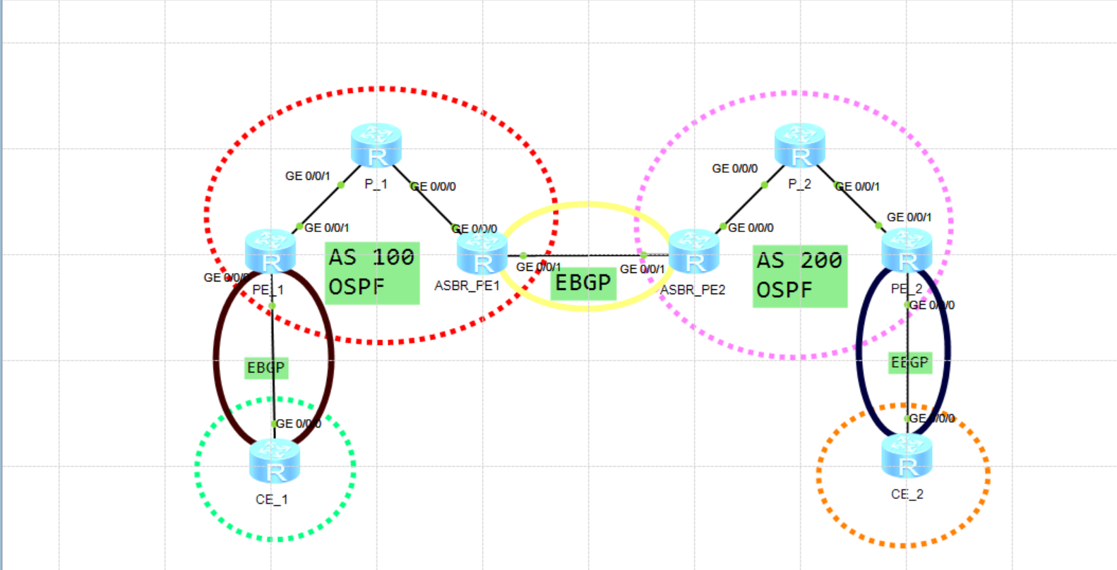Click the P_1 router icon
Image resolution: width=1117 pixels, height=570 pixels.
coord(376,145)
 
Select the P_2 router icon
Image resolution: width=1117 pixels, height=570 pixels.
coord(800,145)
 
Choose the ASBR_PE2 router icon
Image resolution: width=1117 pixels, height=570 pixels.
coord(694,252)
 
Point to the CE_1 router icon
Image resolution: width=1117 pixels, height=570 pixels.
coord(275,461)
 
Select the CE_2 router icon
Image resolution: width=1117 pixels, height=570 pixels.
coord(907,456)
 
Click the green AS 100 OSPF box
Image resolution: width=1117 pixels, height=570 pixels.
coord(373,273)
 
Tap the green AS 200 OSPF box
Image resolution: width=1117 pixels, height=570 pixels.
coord(800,276)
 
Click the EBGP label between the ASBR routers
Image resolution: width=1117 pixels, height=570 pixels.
coord(583,283)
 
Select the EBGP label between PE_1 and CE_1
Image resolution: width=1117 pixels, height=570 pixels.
coord(266,368)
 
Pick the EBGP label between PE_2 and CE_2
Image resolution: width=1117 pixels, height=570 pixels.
coord(910,363)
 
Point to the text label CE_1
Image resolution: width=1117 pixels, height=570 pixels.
coord(272,499)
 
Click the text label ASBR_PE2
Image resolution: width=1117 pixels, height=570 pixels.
coord(693,290)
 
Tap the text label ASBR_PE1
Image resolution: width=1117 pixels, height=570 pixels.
coord(467,286)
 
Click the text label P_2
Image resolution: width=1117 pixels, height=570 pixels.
coord(799,184)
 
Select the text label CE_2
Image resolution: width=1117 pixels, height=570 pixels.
coord(907,495)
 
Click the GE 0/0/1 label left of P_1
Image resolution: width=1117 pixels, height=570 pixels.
coord(307,176)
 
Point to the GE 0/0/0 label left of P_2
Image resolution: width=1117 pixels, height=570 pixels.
coord(734,169)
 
